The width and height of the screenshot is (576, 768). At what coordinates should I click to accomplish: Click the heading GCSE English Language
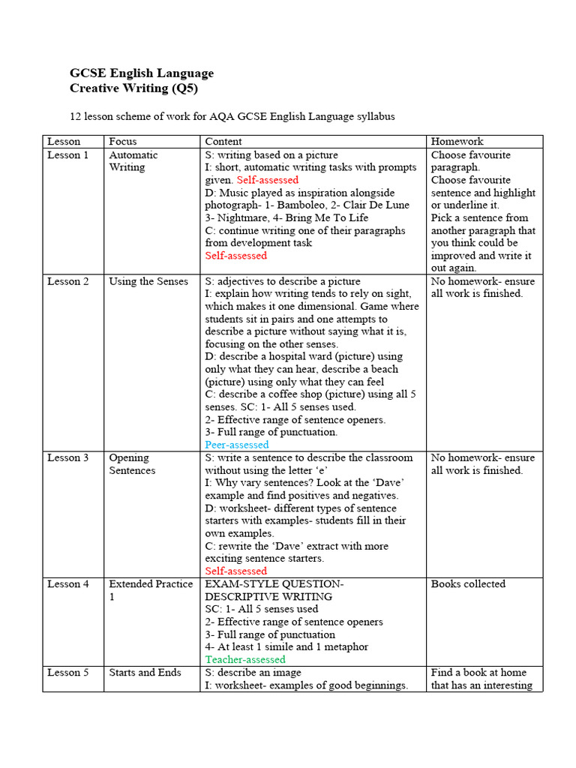[x=142, y=73]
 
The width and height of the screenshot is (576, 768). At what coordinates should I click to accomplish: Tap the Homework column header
[x=457, y=141]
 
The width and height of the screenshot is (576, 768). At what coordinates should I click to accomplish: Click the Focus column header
[x=123, y=141]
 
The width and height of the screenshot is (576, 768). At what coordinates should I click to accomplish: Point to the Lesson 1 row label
[x=67, y=155]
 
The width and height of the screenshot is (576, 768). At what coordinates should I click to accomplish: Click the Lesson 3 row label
[x=67, y=458]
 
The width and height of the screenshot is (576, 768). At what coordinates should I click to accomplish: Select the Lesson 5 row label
[x=67, y=673]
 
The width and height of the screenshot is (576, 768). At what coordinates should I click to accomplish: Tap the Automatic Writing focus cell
[x=133, y=161]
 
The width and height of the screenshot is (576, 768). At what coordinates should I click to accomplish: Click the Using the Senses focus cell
[x=148, y=281]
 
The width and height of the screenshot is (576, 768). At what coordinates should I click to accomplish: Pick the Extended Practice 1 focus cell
[x=151, y=589]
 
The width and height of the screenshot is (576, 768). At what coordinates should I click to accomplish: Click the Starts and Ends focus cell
[x=145, y=673]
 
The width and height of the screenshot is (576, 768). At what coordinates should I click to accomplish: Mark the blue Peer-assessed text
[x=237, y=445]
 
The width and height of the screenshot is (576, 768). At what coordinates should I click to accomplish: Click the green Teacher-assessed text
[x=245, y=660]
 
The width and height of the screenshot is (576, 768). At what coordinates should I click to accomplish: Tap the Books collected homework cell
[x=469, y=584]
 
